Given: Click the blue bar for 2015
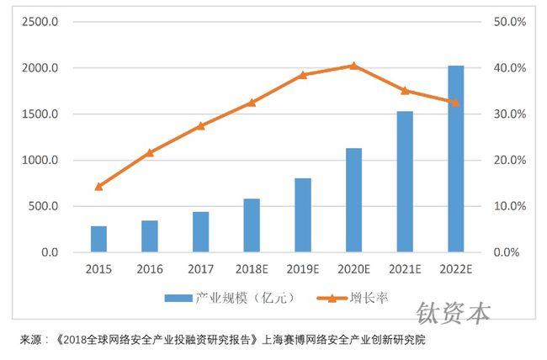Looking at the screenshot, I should point(98,239).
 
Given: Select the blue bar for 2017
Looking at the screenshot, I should point(200,232).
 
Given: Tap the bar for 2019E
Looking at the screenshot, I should point(302,215).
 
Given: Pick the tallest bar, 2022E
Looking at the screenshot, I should point(455,159).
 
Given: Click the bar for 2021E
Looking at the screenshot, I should point(404,182).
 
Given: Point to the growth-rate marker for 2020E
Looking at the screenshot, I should point(353,66).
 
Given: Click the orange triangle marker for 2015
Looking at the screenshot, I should point(98,186).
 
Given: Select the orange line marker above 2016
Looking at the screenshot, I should point(150,152).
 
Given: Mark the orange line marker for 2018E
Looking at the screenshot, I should point(252,103).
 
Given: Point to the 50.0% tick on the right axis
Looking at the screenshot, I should point(509,22).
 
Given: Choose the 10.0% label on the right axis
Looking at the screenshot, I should point(509,206).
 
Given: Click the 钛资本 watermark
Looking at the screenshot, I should point(453,314).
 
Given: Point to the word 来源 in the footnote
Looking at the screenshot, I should point(31,341).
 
